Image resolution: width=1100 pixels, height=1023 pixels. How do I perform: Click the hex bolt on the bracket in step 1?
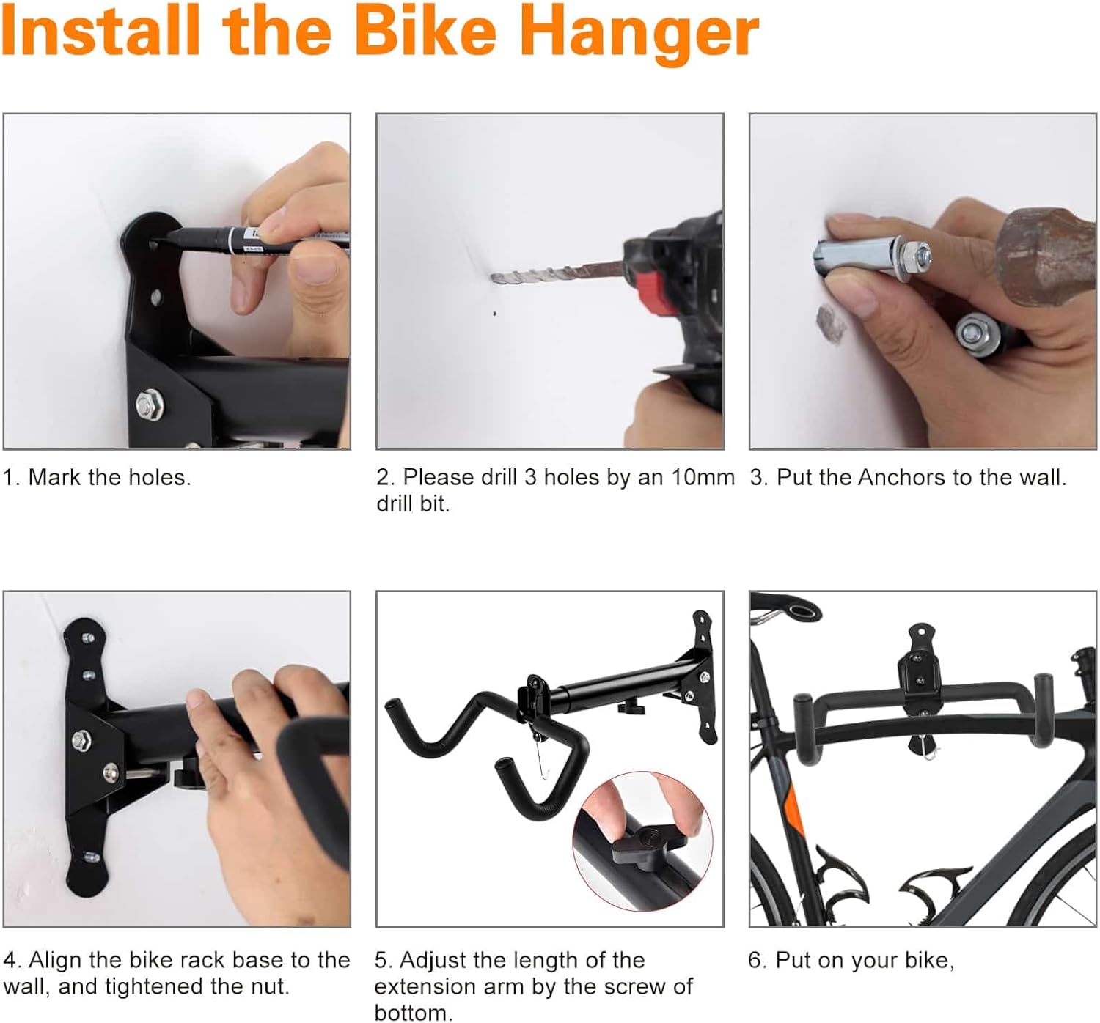150,405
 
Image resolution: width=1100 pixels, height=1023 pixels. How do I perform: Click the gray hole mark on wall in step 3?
831,322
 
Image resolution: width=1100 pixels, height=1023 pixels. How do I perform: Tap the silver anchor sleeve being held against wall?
854,256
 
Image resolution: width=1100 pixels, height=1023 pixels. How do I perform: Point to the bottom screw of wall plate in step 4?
90,856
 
